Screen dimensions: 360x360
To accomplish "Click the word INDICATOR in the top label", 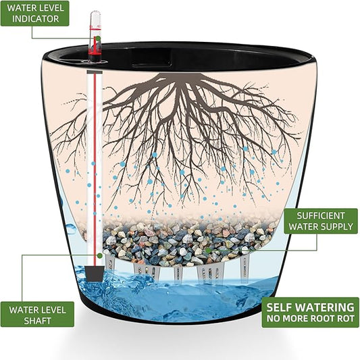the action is point(35,19).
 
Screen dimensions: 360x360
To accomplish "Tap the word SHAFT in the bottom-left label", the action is point(37,321).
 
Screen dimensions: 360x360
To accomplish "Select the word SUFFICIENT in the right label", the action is point(321,216).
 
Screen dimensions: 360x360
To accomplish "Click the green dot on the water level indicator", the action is point(98,38).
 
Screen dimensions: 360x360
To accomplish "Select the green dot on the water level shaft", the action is point(100,255).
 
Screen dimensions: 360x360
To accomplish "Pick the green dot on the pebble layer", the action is point(208,251).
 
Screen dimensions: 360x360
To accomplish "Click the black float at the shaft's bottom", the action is point(95,274).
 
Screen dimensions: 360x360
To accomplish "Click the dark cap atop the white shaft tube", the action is point(95,72).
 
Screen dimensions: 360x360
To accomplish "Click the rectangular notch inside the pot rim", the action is point(151,59).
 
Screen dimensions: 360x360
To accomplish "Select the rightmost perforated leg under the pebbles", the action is point(246,268).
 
